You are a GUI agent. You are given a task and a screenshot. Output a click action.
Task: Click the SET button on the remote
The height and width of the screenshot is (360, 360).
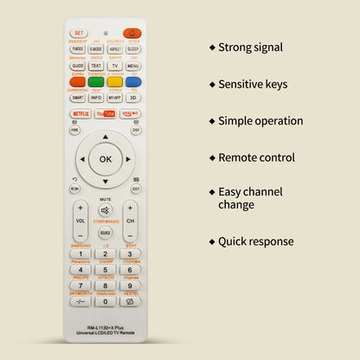click(x=79, y=33)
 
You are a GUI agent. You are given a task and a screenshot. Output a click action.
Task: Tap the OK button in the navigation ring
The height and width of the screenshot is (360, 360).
click(x=106, y=159)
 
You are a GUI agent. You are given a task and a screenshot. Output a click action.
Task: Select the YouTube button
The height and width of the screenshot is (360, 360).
click(x=106, y=113)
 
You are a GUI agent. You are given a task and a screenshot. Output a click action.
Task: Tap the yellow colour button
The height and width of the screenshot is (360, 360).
click(x=114, y=82)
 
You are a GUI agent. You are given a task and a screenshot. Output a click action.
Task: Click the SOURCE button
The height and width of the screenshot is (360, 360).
click(x=106, y=233)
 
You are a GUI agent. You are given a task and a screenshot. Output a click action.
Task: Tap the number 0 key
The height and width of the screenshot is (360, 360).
click(x=106, y=301)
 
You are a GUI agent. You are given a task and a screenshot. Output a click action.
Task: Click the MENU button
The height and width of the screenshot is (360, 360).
click(x=133, y=66)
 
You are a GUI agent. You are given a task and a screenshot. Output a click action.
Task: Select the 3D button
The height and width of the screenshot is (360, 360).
click(x=133, y=98)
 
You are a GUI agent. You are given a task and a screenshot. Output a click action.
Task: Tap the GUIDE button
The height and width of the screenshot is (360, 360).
click(x=78, y=66)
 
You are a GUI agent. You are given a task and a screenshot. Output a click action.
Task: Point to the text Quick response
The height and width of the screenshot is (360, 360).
click(x=255, y=241)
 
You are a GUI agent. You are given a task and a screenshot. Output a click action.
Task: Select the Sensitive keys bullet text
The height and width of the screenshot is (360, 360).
click(x=255, y=84)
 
